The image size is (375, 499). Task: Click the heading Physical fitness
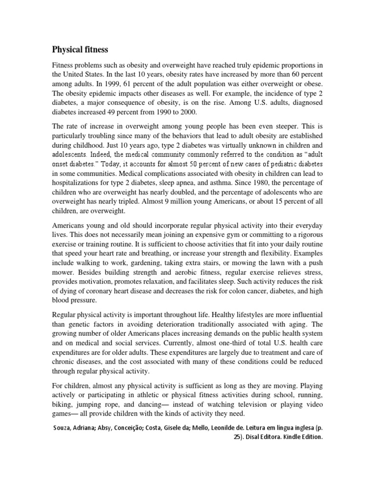pyautogui.click(x=81, y=49)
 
